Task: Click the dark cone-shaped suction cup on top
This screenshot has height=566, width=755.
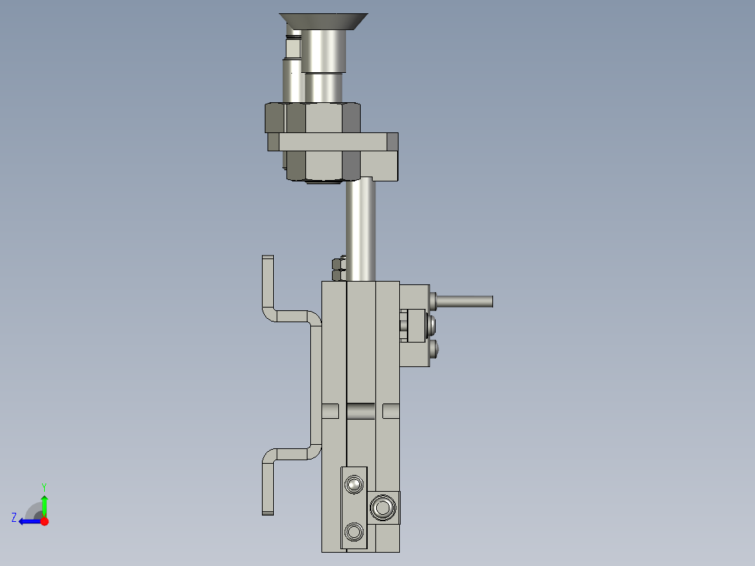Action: pyautogui.click(x=324, y=21)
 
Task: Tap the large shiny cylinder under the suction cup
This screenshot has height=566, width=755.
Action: pyautogui.click(x=324, y=51)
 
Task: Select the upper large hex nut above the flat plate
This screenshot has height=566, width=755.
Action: pyautogui.click(x=312, y=118)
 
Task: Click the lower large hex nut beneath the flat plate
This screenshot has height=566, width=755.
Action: pyautogui.click(x=323, y=166)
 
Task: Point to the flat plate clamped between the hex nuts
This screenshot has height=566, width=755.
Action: pyautogui.click(x=333, y=142)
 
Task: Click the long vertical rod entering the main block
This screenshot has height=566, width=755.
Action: pyautogui.click(x=361, y=229)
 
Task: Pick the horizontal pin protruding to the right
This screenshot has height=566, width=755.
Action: pyautogui.click(x=464, y=301)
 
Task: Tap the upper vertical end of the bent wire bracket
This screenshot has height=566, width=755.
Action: pyautogui.click(x=268, y=282)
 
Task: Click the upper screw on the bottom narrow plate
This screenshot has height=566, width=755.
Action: pyautogui.click(x=354, y=485)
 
